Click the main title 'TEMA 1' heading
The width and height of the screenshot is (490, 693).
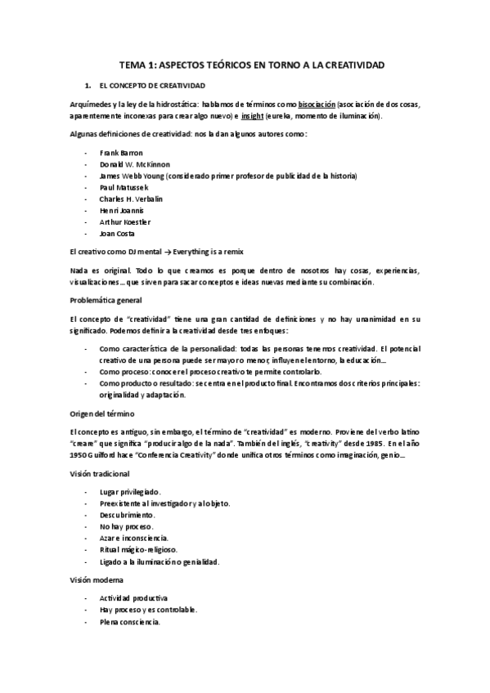(x=245, y=64)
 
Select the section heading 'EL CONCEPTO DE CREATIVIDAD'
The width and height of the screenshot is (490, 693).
(x=152, y=85)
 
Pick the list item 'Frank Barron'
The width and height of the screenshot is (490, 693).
(x=121, y=153)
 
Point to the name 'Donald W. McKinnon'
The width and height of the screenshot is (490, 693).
(x=135, y=164)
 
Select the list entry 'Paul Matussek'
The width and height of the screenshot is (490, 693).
(x=124, y=187)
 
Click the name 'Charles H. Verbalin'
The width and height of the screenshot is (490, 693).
(x=133, y=199)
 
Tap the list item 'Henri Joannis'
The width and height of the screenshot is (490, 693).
(x=122, y=210)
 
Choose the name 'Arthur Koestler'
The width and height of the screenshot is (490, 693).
(x=125, y=221)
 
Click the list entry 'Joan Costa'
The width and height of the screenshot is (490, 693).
(x=118, y=233)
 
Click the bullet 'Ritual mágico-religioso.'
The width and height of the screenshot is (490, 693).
(x=138, y=550)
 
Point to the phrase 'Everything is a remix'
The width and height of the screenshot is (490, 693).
(x=208, y=251)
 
